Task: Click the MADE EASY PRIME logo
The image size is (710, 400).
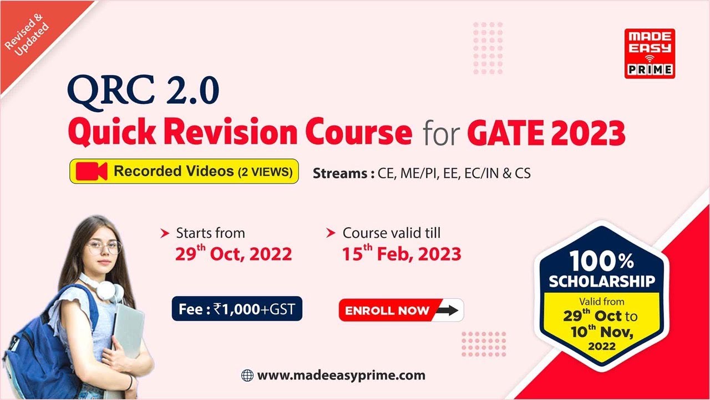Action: tap(650, 53)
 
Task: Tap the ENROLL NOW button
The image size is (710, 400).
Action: tap(400, 310)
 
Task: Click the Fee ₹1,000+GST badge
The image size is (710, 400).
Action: tap(237, 309)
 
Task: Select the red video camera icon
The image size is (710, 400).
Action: tap(92, 172)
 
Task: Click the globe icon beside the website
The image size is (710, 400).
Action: tap(247, 376)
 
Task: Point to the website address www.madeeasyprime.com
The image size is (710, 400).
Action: tap(341, 376)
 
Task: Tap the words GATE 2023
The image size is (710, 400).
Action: tap(546, 133)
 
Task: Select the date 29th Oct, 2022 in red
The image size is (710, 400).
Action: tap(233, 254)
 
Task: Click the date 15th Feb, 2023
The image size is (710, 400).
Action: tap(401, 254)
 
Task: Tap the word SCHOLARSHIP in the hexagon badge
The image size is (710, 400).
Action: tap(601, 282)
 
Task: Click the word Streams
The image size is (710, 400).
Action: tap(339, 173)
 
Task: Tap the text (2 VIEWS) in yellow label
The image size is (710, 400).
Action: tap(265, 172)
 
